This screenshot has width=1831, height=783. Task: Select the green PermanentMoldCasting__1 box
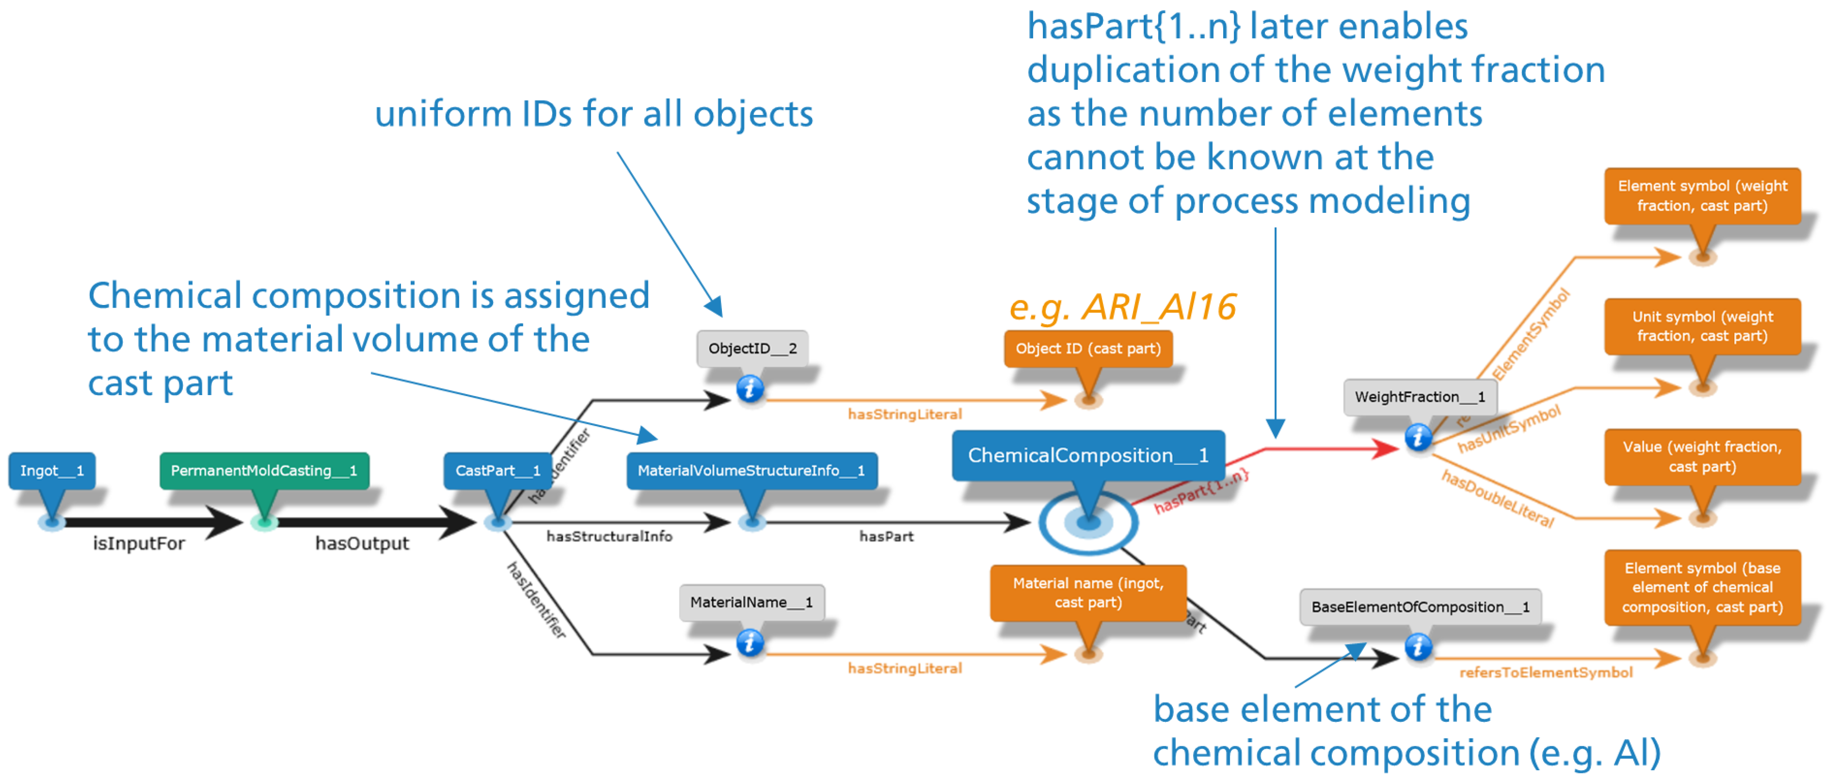264,470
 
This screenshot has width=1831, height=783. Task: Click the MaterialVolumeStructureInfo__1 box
751,470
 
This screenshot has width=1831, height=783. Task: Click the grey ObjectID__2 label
752,348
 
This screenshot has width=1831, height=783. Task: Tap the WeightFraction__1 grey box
1419,397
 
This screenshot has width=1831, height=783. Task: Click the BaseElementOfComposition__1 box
1419,607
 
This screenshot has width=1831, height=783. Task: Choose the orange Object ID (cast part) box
1088,348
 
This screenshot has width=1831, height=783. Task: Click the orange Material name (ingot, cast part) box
1088,593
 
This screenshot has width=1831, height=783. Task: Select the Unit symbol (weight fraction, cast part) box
1702,326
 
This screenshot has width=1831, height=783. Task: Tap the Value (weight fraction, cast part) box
1702,456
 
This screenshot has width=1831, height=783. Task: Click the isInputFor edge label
139,544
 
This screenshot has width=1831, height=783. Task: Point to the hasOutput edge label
362,544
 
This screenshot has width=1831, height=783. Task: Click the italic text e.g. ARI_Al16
1122,307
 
